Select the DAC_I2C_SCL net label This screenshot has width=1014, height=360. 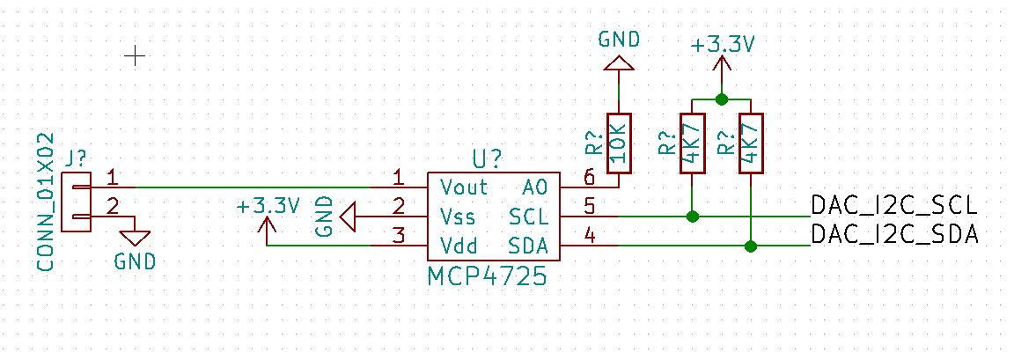[x=893, y=206]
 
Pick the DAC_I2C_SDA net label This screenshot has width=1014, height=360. [x=893, y=234]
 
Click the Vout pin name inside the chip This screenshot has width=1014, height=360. [x=464, y=187]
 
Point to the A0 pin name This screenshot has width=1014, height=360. [x=534, y=187]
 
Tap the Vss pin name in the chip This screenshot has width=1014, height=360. [x=457, y=216]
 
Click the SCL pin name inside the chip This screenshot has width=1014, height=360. [x=528, y=216]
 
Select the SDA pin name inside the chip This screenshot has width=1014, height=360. [x=528, y=245]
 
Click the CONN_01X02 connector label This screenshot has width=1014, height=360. [x=46, y=202]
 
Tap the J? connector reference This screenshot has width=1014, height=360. [x=77, y=158]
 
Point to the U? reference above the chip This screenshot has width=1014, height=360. [x=487, y=158]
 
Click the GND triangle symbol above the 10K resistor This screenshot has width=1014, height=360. [x=618, y=63]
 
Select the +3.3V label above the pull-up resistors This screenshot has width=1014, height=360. [x=722, y=45]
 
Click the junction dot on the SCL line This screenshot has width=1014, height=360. [x=693, y=216]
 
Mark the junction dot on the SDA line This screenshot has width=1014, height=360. [x=750, y=246]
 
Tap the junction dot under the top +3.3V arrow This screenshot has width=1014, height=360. [x=722, y=99]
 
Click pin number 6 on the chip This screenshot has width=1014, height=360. [x=589, y=176]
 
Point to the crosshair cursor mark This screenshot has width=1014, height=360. [x=135, y=56]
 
